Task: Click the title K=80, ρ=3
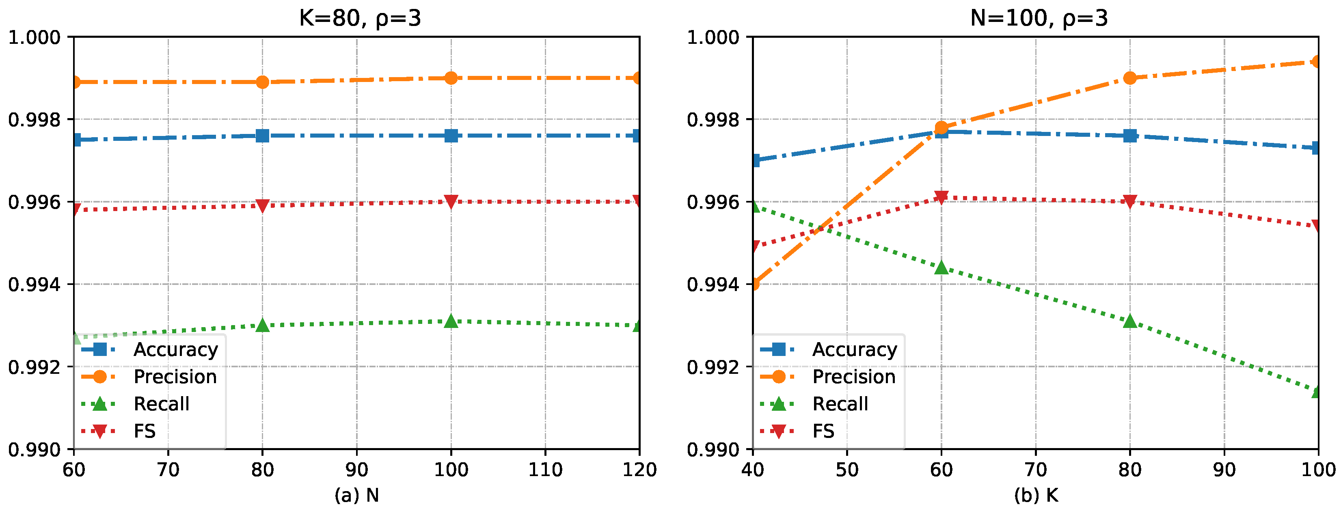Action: [360, 18]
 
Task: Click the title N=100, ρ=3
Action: [1039, 18]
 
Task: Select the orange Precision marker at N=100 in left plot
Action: [451, 78]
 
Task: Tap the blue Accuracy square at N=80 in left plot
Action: [262, 136]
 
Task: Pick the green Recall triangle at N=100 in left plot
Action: [451, 321]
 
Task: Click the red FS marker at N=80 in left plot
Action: [262, 205]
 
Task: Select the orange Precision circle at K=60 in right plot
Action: [941, 127]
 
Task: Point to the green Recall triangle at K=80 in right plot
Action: [1129, 321]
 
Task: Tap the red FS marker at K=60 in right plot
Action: [941, 197]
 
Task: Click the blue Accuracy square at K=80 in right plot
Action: [1129, 136]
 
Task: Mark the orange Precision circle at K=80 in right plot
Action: [1129, 78]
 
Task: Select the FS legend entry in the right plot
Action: [823, 431]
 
